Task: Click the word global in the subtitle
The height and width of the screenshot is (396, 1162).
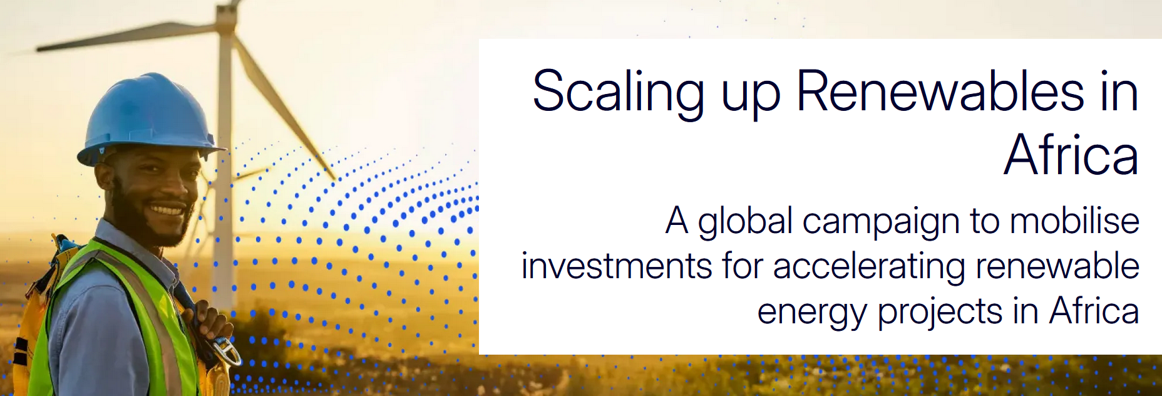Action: tap(745, 222)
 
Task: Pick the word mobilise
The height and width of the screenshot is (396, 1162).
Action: tap(1074, 220)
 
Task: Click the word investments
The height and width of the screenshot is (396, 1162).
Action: tap(617, 266)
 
